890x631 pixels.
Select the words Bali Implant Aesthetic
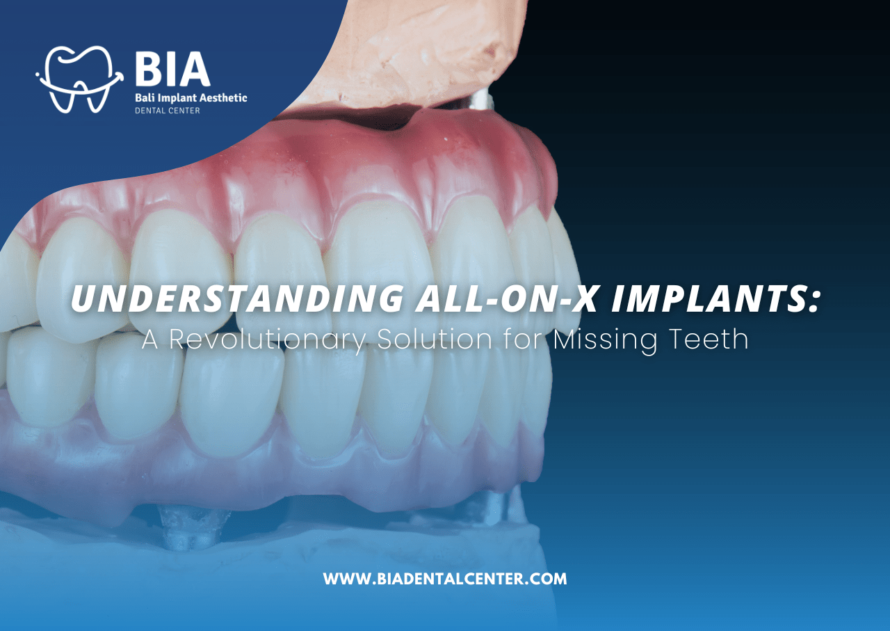coord(191,99)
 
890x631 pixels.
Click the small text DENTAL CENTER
coord(167,111)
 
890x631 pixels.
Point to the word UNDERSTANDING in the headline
coord(236,300)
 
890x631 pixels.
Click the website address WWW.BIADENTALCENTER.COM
coord(445,579)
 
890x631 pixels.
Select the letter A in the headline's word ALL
coord(430,300)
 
